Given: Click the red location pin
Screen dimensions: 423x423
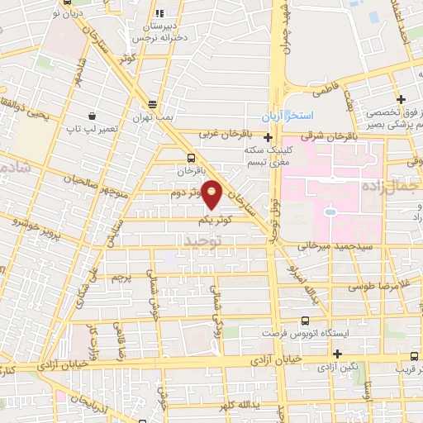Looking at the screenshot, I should click(x=212, y=194).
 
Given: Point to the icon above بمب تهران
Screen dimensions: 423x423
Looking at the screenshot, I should click(x=152, y=104).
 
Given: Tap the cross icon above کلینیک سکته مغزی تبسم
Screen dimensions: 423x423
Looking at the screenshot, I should click(x=268, y=137).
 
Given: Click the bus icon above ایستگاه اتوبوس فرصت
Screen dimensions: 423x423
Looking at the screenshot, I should click(x=306, y=321).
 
